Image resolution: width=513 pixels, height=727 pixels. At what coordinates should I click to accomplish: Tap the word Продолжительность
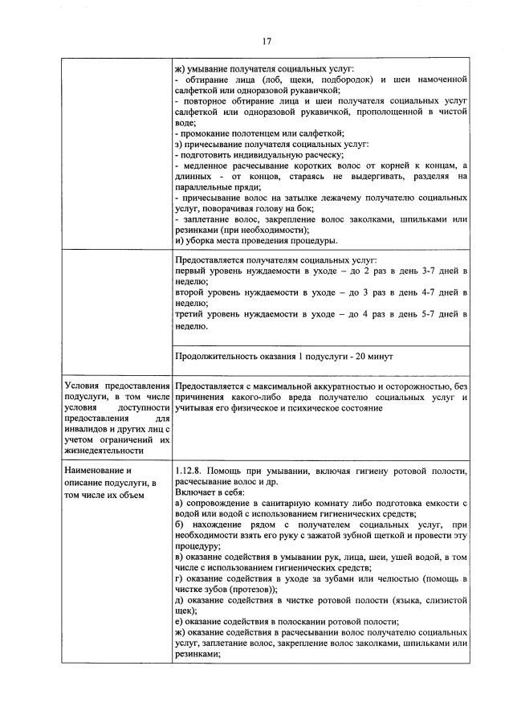point(216,356)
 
